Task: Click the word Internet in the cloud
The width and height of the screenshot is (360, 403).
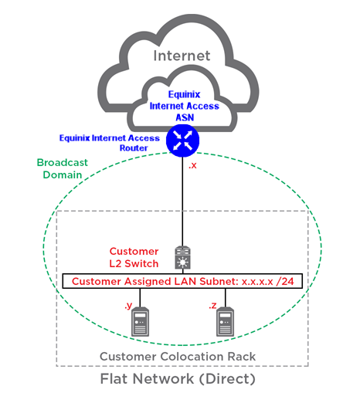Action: pos(182,56)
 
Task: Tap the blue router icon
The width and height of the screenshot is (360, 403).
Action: pos(182,141)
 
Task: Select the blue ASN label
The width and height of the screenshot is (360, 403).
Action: pos(185,117)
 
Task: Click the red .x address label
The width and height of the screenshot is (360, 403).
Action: pos(192,165)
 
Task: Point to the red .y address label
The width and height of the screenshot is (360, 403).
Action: pos(128,306)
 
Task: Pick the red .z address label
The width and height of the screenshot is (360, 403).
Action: pos(212,306)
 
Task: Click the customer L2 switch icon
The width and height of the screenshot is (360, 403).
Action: pos(182,258)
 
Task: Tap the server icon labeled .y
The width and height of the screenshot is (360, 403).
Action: pos(141,322)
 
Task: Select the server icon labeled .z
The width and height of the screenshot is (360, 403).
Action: pos(226,322)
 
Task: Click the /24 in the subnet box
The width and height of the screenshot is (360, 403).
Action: pos(284,281)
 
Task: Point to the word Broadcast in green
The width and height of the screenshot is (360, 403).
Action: pos(63,163)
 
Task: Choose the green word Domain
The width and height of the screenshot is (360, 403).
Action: pos(63,175)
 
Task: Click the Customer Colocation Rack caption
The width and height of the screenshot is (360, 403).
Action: pos(178,357)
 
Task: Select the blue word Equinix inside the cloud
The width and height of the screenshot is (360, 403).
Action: pos(184,94)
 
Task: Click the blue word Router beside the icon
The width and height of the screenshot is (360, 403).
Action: pos(134,148)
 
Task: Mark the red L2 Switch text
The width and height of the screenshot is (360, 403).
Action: pos(134,263)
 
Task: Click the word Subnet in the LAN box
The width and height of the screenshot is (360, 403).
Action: pos(219,281)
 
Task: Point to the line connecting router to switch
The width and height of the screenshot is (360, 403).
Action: pos(182,201)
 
